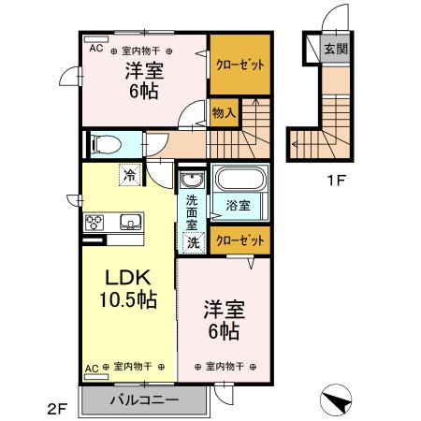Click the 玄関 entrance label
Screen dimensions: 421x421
coord(335,50)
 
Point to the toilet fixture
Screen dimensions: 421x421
coord(105,145)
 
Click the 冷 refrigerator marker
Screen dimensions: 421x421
coord(127,173)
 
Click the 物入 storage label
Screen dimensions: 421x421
coord(224,113)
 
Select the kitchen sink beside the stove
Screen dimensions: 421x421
coord(129,222)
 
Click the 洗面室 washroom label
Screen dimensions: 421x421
coord(191,211)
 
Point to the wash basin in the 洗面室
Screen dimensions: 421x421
coord(193,181)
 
